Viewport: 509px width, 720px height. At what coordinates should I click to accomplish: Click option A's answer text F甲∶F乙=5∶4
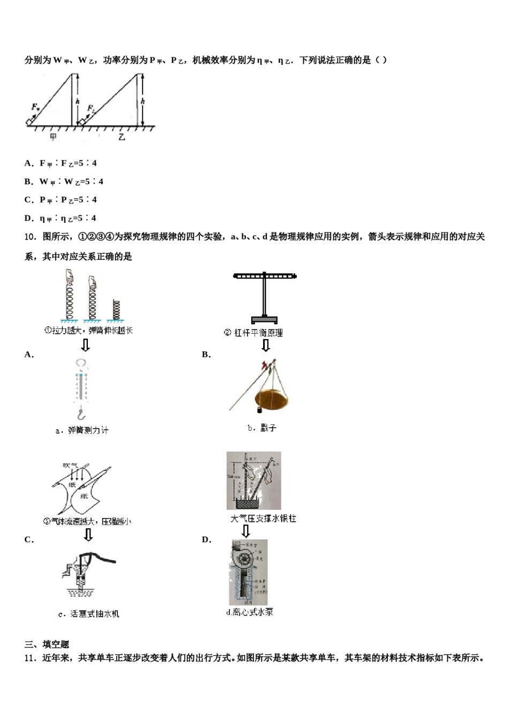[68, 163]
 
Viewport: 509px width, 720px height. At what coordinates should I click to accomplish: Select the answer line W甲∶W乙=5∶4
[71, 182]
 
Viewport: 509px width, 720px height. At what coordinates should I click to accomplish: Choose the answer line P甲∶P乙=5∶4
[68, 200]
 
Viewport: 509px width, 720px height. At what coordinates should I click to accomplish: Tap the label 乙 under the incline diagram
[122, 137]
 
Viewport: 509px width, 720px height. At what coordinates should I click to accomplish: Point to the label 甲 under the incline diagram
[53, 137]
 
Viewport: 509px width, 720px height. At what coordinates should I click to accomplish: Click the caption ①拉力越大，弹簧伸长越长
[88, 331]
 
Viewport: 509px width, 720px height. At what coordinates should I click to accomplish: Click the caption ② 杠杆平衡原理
[253, 333]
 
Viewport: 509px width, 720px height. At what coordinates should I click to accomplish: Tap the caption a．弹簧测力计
[82, 430]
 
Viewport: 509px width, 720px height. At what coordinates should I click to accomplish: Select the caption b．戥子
[262, 428]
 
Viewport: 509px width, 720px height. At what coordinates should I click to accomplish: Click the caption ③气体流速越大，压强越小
[87, 521]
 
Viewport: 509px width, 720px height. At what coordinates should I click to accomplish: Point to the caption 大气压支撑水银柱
[263, 518]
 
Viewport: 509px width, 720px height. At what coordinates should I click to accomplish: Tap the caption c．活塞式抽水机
[88, 614]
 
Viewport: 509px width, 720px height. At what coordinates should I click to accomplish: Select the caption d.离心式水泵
[250, 612]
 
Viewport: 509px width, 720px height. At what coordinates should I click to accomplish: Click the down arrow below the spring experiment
[85, 344]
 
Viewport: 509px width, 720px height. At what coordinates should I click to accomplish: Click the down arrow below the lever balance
[265, 346]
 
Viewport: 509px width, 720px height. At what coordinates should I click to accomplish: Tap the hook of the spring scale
[81, 414]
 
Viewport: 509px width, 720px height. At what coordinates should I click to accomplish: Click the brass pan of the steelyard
[272, 399]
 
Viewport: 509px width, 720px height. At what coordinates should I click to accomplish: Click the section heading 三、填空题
[47, 644]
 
